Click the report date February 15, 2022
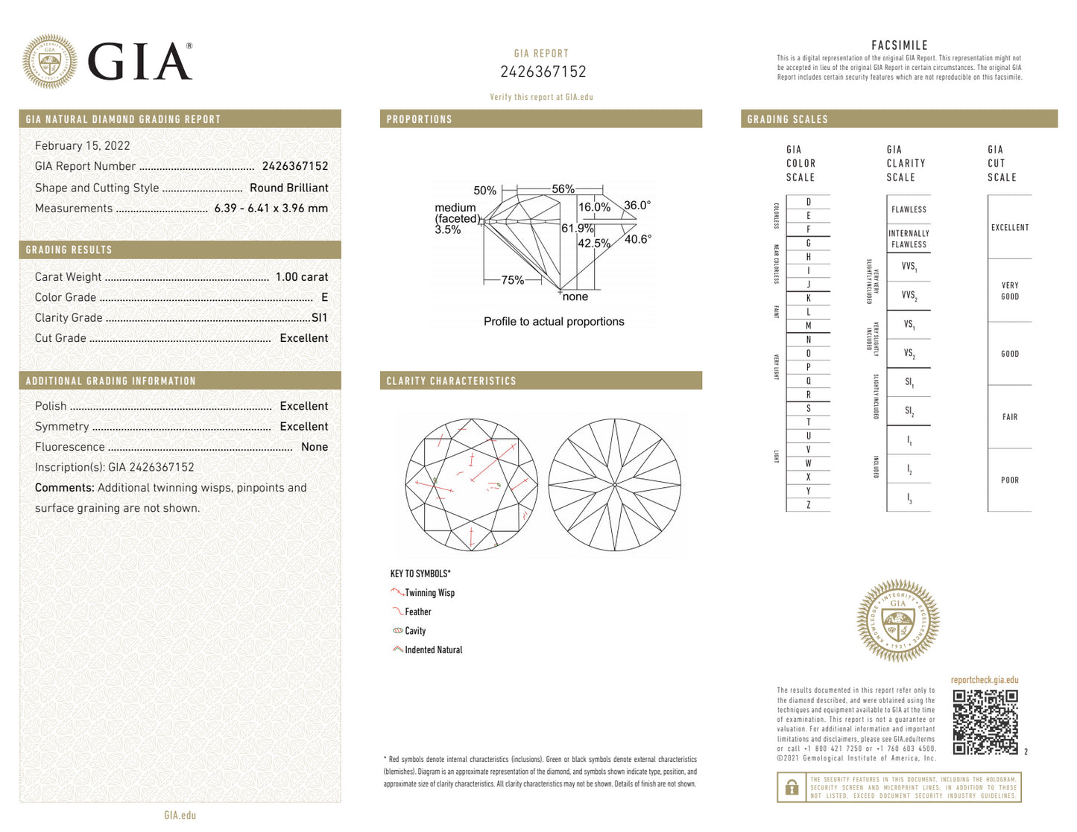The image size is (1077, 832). point(82,146)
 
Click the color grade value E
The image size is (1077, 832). point(324,297)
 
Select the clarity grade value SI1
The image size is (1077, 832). point(319,317)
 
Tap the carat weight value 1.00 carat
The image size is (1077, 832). point(301,277)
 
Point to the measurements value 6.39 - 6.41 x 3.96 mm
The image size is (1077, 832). point(271,209)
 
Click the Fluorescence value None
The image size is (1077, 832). point(314,447)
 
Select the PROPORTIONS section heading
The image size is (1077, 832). point(419,119)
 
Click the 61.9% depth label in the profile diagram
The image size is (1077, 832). point(577,229)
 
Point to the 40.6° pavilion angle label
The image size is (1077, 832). point(637,239)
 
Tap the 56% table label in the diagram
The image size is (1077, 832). point(563,189)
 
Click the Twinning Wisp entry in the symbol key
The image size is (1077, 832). point(429,593)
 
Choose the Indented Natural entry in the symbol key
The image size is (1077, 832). point(432,650)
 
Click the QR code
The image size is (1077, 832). point(985,722)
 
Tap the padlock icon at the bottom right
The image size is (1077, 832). point(792,787)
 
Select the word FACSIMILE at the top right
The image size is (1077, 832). point(899,45)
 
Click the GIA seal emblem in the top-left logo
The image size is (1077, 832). point(49,62)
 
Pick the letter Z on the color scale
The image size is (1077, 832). point(808,505)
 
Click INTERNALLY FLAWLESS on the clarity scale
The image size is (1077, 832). point(909,239)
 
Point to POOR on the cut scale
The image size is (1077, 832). point(1009,480)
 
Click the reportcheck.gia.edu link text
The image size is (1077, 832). point(984,680)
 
